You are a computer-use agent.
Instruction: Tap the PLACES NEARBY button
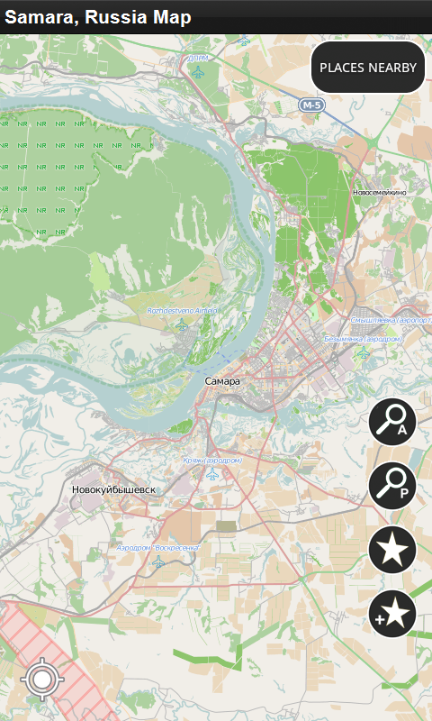(368, 68)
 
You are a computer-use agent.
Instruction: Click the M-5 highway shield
(310, 105)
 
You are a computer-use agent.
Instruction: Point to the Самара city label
(222, 381)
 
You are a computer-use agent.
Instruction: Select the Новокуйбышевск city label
(113, 489)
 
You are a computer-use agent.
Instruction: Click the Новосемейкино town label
(380, 192)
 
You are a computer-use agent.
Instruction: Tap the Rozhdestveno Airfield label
(182, 311)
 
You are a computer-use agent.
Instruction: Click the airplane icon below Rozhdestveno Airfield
(184, 325)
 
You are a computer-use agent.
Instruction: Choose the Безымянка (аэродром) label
(362, 339)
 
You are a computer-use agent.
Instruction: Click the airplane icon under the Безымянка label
(363, 353)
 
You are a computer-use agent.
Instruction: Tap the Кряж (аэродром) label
(212, 460)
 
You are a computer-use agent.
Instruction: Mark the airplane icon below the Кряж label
(212, 474)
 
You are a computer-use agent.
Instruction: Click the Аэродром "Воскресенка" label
(158, 547)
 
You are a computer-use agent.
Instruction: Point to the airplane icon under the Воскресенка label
(159, 562)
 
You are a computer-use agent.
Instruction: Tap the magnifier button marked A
(392, 422)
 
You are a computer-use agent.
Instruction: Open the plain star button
(392, 550)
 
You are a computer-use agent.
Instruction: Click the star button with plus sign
(392, 614)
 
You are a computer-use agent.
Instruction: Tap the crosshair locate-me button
(41, 679)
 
